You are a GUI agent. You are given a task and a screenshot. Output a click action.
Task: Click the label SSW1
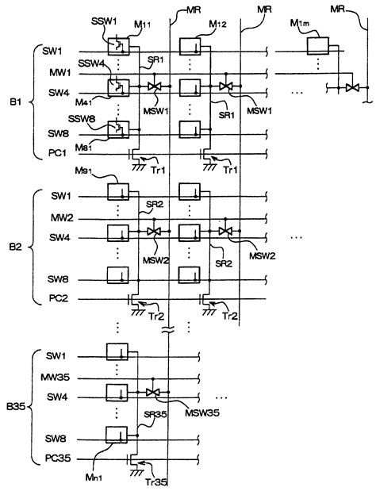(104, 21)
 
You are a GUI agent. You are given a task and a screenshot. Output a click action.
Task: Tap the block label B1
(15, 102)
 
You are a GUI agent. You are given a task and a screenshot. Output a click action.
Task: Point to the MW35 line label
(55, 378)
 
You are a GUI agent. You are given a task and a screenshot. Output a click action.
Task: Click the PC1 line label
(58, 153)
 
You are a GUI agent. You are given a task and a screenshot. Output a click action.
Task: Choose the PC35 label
(58, 458)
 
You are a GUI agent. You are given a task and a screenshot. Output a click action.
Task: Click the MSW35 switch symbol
(153, 392)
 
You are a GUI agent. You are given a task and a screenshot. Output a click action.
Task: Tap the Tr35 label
(156, 482)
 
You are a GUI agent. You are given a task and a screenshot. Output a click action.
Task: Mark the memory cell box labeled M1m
(318, 46)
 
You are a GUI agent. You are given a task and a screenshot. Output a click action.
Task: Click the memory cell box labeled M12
(190, 46)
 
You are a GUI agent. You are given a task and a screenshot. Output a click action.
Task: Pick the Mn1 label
(94, 477)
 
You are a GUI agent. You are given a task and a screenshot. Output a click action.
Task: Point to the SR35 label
(155, 414)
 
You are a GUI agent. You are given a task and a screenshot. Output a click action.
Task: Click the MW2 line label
(62, 217)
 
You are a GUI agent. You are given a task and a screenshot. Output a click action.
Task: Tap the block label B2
(15, 247)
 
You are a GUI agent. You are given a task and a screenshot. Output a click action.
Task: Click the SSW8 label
(82, 119)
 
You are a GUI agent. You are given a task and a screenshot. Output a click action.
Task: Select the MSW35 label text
(202, 412)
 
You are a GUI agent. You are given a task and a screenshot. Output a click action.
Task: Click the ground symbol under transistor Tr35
(135, 473)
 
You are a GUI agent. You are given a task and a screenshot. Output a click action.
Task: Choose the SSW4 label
(91, 64)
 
